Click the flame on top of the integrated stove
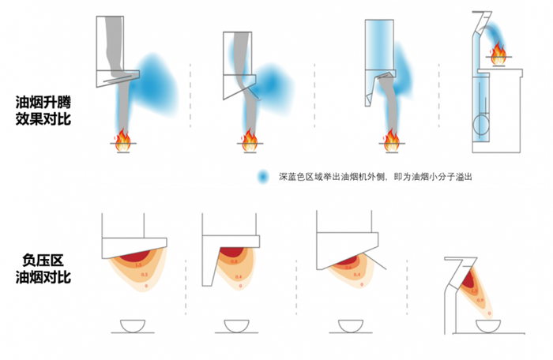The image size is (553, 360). click(x=498, y=55)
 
